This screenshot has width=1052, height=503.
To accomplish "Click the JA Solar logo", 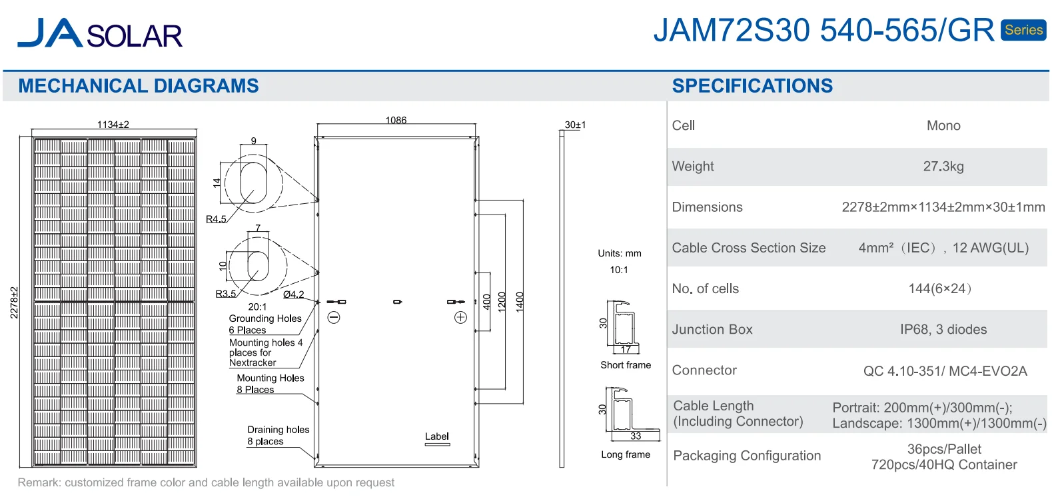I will pos(100,33).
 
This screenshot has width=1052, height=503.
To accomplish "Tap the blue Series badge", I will pos(1023,30).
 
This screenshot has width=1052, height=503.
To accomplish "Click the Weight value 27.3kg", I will pos(943,167).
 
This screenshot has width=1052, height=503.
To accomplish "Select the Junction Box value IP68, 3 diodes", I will pos(943,329).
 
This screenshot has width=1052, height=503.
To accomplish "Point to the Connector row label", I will pos(704,370).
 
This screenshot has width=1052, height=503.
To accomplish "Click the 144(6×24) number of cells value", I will pos(939,288).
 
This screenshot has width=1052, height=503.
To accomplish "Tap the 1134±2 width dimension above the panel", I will pos(113,125).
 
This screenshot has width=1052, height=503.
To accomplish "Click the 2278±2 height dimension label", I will pos(14,302).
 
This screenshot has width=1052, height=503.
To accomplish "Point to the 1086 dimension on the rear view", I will pos(396,120).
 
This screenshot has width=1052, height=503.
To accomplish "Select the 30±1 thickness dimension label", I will pos(575,125).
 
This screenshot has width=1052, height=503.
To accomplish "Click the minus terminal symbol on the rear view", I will pos(334,318).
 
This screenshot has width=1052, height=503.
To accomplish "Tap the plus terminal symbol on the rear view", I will pos(460,318).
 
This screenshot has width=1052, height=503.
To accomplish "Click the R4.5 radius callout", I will pos(216,219).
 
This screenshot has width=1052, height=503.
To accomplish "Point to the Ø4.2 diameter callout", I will pos(293,294).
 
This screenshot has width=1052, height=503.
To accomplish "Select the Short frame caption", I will pos(626,365).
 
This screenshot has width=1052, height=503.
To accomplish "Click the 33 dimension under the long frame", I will pos(636,436).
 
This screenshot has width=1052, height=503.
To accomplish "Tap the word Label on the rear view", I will pos(437,436).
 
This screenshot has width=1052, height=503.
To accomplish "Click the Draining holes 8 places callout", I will pos(278,435).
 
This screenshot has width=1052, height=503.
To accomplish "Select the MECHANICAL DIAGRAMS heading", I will pos(139,86).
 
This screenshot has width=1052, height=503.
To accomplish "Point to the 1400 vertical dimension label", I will pos(520,302).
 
